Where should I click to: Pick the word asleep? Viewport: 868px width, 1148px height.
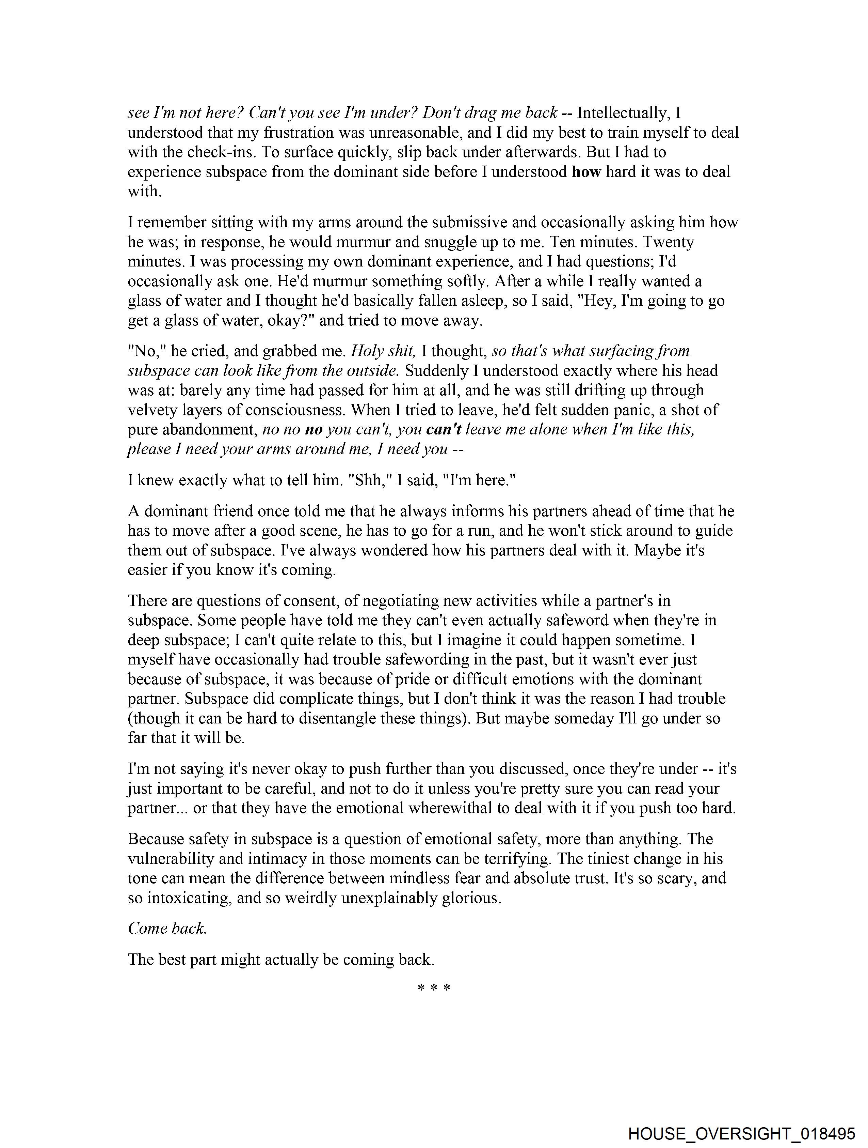pyautogui.click(x=479, y=301)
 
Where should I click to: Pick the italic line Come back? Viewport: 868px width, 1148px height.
pyautogui.click(x=167, y=928)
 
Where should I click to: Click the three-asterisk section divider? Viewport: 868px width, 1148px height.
pyautogui.click(x=433, y=988)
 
